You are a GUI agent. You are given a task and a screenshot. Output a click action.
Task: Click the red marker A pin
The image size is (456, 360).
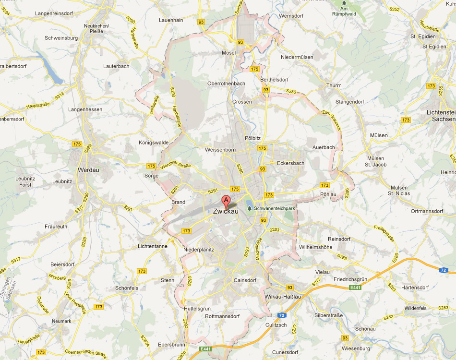tap(226, 201)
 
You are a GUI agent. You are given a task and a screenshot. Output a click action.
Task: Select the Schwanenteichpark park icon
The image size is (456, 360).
tap(250, 208)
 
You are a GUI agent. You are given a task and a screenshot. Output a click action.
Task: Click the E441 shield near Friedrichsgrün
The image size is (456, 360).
tap(356, 287)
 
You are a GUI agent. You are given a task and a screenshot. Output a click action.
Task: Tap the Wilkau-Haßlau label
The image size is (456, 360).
tap(283, 297)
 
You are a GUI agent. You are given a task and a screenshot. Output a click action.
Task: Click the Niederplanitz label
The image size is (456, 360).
tap(199, 249)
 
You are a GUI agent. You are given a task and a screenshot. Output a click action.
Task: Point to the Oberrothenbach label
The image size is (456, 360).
tap(226, 83)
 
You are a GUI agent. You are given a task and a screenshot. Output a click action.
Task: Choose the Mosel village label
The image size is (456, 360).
tap(228, 52)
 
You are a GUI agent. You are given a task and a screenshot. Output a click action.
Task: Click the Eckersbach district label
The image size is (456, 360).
tap(291, 163)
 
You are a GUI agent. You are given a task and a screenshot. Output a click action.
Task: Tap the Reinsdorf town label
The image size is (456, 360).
tap(339, 239)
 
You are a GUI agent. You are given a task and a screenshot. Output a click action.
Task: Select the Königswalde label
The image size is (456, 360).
tap(140, 143)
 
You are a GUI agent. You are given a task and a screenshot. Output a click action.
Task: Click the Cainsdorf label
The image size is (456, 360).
tap(245, 280)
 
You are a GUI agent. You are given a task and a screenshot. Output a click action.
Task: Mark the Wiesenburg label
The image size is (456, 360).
tap(357, 348)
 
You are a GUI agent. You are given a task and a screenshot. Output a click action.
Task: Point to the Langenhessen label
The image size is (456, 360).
tap(85, 109)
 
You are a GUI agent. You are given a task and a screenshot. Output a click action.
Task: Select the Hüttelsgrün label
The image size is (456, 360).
tap(197, 308)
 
